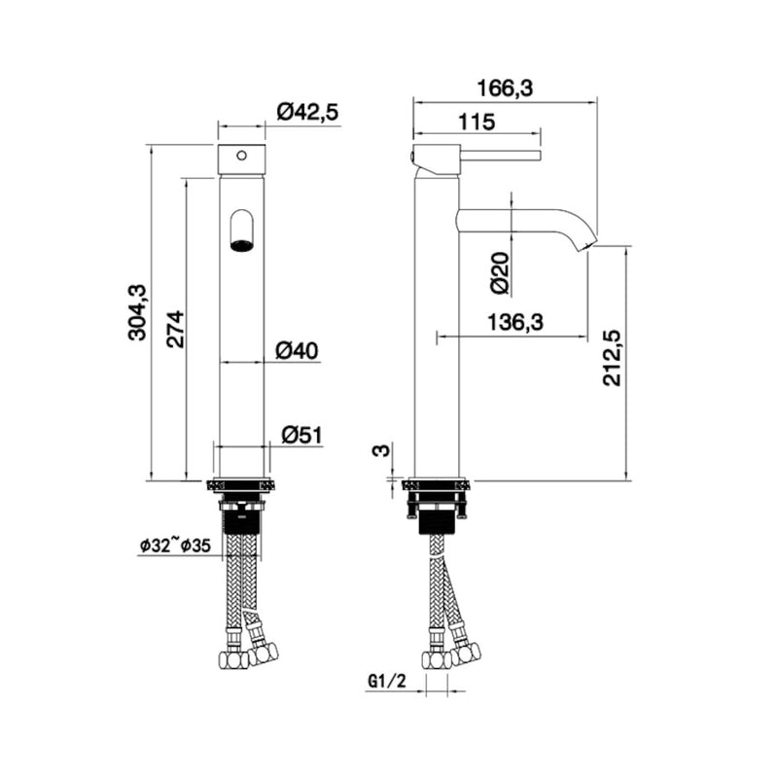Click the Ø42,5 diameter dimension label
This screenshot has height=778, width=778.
306,113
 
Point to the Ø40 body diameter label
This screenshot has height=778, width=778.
298,350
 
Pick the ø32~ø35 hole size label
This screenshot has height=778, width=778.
175,547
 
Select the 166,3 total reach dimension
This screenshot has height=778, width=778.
506,88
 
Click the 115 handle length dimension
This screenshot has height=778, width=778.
477,123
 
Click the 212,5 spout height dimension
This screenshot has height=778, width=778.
613,357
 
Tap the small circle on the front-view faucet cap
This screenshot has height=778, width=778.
242,154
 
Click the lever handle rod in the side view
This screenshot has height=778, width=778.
496,154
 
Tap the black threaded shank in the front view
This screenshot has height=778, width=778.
241,518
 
